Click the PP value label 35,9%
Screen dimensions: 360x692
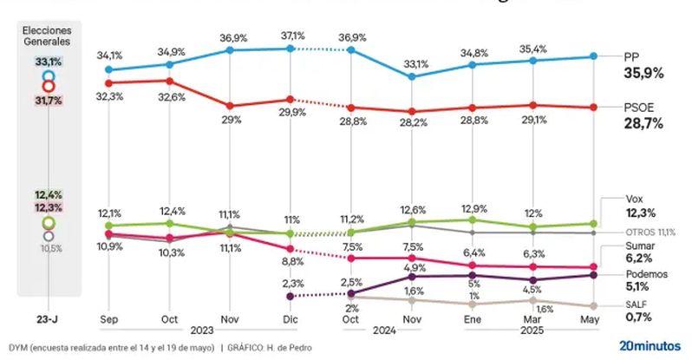coord(643,74)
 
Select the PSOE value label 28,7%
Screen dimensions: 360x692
coord(643,123)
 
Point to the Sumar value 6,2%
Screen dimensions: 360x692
coord(638,258)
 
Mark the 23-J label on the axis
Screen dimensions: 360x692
coord(49,319)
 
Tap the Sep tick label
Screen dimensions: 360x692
coord(108,319)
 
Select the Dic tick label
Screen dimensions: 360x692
coord(291,319)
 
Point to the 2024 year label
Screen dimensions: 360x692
coord(382,331)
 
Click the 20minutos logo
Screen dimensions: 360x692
coord(650,345)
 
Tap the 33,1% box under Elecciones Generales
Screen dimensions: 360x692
coord(49,62)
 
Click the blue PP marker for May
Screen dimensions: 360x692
coord(593,56)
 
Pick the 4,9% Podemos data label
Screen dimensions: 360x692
coord(412,267)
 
